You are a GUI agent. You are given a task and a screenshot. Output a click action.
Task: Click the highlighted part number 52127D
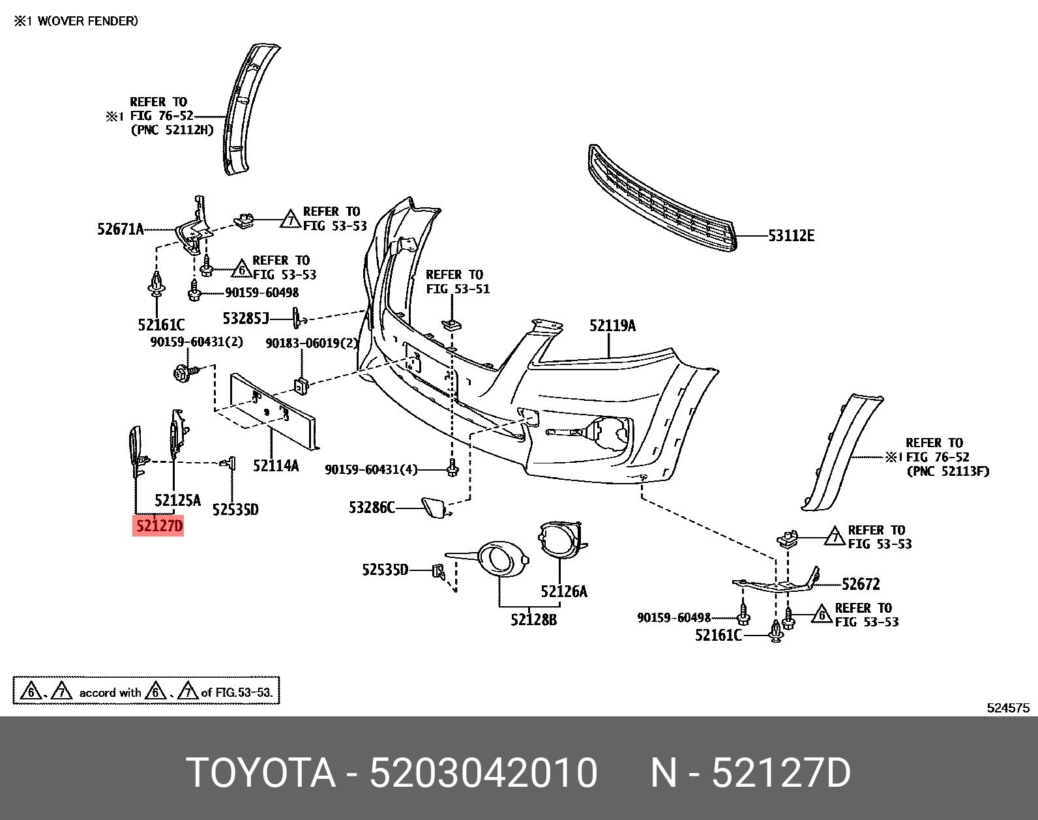pos(158,525)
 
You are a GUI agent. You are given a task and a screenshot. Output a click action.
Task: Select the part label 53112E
pos(791,236)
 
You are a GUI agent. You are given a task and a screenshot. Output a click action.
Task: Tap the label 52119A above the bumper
pos(612,325)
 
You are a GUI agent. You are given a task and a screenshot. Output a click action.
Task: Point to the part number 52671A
pos(120,229)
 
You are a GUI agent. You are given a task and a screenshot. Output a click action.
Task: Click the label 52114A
pos(276,465)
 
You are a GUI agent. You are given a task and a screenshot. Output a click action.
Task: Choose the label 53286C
pos(372,507)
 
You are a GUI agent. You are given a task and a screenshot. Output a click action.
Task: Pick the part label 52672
pos(861,583)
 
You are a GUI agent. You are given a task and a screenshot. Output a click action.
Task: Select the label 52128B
pos(533,619)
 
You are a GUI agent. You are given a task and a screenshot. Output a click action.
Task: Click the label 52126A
pos(563,591)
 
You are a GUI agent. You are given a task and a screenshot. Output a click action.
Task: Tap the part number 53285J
pos(246,318)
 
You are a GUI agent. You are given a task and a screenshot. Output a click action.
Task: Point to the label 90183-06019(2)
pos(312,343)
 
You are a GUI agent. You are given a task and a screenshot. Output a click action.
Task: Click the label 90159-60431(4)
pos(371,469)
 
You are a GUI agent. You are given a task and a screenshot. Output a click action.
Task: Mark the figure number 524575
pos(1007,708)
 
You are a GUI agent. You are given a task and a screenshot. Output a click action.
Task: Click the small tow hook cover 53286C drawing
pos(434,507)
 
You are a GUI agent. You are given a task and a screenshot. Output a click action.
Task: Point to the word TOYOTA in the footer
pos(261,773)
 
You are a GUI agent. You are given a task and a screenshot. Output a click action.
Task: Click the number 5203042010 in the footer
pos(483,773)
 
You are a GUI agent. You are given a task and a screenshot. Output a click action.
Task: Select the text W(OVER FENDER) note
pos(87,21)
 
